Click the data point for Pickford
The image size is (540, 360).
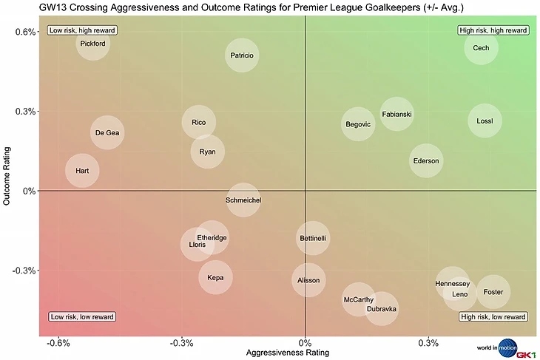pos(92,44)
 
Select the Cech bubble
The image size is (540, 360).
pos(481,48)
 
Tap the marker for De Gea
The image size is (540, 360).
pos(108,133)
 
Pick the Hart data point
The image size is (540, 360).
pos(82,171)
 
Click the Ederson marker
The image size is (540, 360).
pos(425,161)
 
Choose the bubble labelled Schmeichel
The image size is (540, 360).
pos(243,200)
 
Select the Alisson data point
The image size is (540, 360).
pos(308,281)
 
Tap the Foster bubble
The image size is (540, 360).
pos(493,292)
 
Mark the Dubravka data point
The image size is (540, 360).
pos(382,308)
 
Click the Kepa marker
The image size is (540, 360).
pos(215,278)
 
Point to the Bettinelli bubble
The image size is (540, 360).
pos(313,238)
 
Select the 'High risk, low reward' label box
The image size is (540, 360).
pos(493,317)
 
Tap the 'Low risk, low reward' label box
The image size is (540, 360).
pos(82,317)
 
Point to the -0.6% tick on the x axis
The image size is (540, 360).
pos(58,343)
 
